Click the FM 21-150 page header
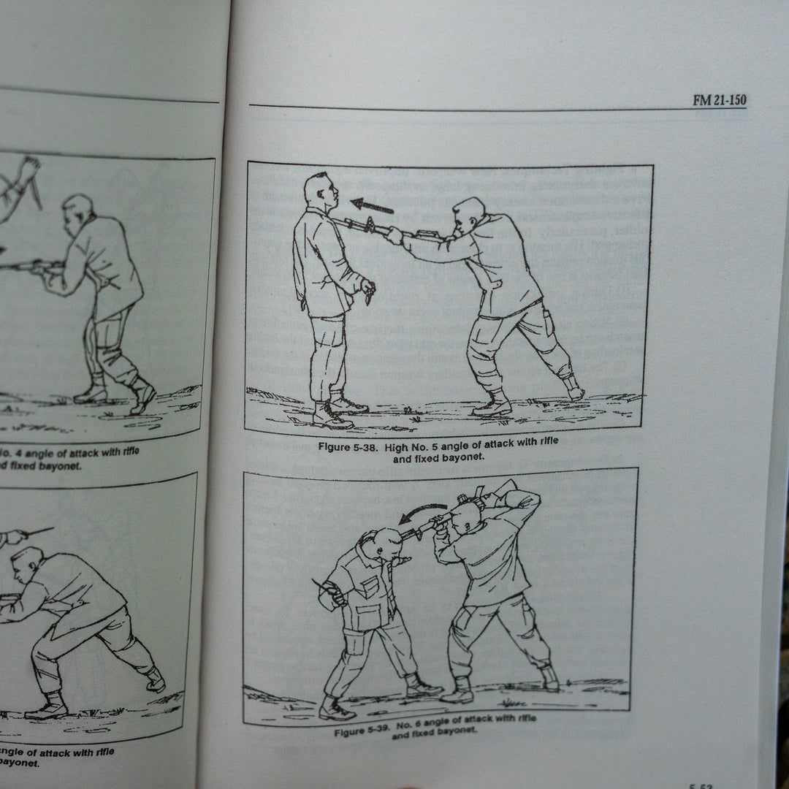719,100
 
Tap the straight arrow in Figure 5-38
372,205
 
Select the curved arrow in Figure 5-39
422,511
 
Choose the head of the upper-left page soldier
77,208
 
